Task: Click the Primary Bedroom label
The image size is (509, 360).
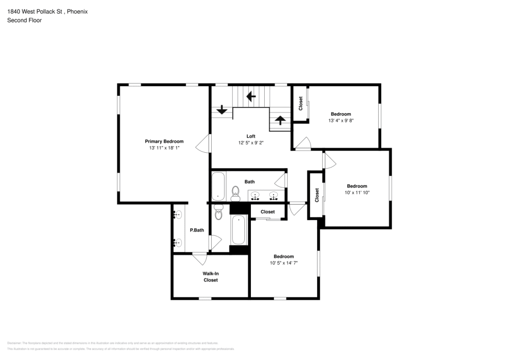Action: pos(164,141)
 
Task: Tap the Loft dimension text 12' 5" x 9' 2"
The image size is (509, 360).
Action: pos(250,143)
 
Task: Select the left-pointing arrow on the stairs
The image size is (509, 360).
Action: pos(250,96)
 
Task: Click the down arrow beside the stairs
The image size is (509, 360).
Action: pos(222,109)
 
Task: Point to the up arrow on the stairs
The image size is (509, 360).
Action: pos(279,121)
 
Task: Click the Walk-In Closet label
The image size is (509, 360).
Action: pos(210,276)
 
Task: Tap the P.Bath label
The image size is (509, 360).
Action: pos(197,230)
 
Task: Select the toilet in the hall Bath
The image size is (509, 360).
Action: pos(235,191)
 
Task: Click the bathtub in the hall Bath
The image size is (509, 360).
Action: pos(218,186)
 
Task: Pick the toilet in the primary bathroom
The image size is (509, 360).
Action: pos(219,214)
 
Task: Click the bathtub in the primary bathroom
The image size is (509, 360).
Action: pos(239,231)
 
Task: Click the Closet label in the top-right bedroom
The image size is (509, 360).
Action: pos(301,103)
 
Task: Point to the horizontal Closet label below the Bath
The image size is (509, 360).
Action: pos(268,212)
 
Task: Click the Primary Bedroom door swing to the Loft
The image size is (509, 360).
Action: pos(204,144)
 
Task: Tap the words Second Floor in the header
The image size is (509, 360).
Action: pos(24,20)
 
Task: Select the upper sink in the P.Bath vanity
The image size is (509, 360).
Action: pos(178,215)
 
